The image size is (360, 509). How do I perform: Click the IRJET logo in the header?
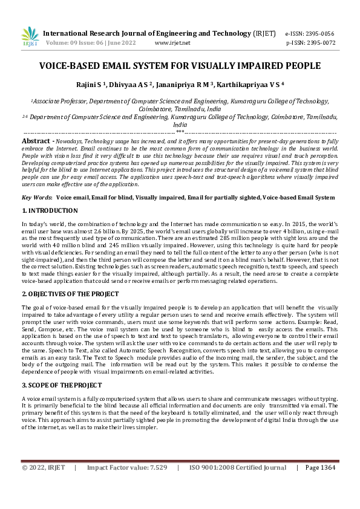(x=30, y=37)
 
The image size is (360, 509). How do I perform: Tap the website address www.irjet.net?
(x=172, y=43)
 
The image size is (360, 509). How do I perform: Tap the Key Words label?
(x=36, y=197)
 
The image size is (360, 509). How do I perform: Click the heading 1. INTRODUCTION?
(x=50, y=210)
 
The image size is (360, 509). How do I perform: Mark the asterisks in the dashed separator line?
(x=180, y=131)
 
